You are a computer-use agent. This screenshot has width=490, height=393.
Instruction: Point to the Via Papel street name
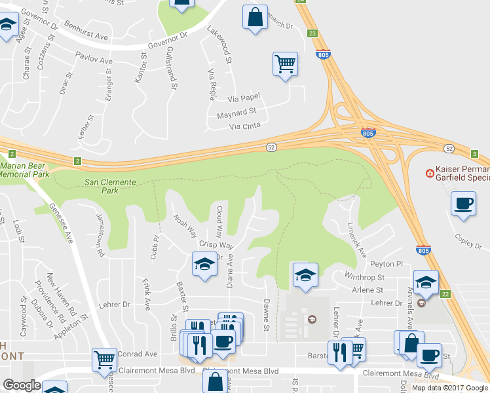coord(244,98)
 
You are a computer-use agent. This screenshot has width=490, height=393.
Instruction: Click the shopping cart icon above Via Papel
coord(285,64)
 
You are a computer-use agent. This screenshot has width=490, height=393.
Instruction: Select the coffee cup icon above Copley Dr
coord(464,203)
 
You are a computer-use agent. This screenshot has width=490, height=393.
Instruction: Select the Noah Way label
coord(185,224)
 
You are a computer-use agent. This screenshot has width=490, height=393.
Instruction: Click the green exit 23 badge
coord(312,33)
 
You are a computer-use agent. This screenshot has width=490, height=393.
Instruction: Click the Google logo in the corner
coord(22,385)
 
